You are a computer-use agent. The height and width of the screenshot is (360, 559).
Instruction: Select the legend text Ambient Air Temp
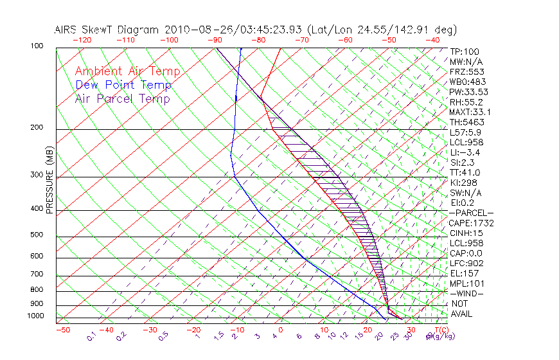[127, 71]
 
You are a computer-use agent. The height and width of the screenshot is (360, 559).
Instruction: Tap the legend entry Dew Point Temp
[123, 85]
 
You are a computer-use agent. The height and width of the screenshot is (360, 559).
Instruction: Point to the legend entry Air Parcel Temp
[122, 98]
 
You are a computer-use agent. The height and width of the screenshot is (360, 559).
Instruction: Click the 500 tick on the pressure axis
[37, 236]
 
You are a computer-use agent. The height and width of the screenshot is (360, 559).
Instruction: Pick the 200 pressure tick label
[37, 128]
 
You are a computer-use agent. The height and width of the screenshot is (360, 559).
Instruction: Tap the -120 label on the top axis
[82, 40]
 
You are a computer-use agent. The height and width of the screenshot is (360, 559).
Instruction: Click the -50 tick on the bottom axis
[62, 330]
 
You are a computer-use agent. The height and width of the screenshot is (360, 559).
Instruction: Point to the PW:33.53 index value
[468, 92]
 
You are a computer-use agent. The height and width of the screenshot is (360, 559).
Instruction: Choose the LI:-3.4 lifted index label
[465, 152]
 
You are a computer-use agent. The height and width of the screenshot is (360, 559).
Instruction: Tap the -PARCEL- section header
[471, 213]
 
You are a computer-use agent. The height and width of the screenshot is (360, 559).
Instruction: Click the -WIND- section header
[466, 293]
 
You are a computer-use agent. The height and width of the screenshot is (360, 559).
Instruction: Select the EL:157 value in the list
[465, 273]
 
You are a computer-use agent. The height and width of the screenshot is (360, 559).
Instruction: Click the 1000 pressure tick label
[35, 316]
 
